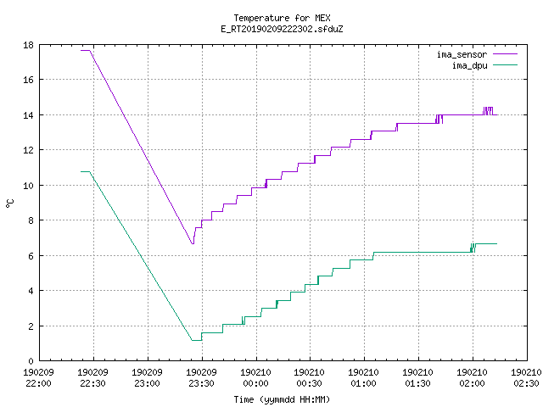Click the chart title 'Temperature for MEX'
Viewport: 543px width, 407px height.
(x=282, y=18)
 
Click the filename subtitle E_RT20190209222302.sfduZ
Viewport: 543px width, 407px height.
(x=282, y=29)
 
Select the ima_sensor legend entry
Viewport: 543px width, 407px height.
(x=477, y=54)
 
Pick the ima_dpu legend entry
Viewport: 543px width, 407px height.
(x=484, y=65)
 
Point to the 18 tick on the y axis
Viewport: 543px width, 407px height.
(x=28, y=45)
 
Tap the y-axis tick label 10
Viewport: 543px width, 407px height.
(x=28, y=186)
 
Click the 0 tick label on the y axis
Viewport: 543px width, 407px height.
(x=31, y=361)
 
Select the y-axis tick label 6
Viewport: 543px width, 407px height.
(x=31, y=256)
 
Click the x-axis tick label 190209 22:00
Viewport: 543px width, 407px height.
(x=38, y=378)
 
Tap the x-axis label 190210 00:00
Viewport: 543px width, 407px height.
(x=255, y=378)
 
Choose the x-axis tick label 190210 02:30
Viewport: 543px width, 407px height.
(x=526, y=378)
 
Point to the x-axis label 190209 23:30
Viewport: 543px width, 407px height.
(x=201, y=378)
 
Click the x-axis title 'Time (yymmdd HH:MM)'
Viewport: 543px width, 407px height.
(x=282, y=399)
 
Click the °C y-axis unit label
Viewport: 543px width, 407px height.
(x=9, y=203)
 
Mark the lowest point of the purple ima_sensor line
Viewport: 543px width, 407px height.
(x=193, y=243)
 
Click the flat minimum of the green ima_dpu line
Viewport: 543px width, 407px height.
(x=197, y=340)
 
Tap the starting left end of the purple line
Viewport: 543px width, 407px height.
(x=81, y=51)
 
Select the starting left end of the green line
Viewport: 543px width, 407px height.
(x=81, y=171)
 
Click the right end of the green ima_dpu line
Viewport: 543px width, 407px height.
(x=497, y=243)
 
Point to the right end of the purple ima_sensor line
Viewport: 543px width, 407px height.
(x=497, y=114)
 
